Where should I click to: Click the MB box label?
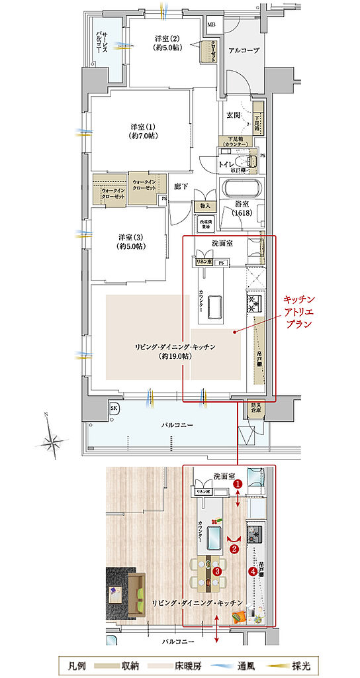click(212, 25)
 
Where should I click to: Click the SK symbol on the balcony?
click(114, 409)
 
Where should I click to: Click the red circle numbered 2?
click(234, 548)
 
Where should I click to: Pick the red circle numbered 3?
click(216, 571)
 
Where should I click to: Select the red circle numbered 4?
click(252, 571)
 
